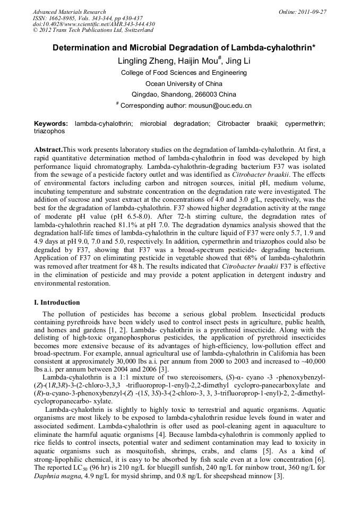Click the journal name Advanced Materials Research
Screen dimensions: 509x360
[x=69, y=12]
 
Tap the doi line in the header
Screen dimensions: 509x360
[x=93, y=24]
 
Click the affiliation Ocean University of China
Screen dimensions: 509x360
[x=184, y=83]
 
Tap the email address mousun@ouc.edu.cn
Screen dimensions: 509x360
[x=217, y=106]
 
